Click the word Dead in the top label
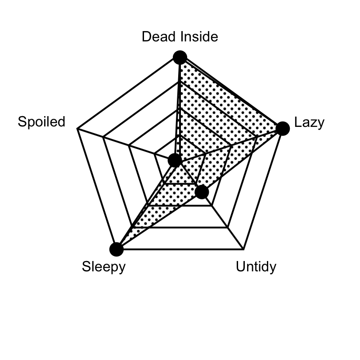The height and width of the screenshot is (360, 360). (x=160, y=36)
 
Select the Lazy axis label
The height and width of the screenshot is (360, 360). (x=309, y=122)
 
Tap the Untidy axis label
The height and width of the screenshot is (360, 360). (x=256, y=266)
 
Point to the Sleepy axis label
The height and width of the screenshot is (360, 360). (x=104, y=267)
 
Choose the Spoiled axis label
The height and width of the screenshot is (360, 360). (x=41, y=121)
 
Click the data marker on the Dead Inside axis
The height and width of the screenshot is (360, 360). (x=180, y=58)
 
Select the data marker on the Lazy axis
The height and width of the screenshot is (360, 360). (x=283, y=129)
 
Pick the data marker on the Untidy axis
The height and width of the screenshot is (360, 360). (x=202, y=192)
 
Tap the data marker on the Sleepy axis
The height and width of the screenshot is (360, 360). (x=117, y=249)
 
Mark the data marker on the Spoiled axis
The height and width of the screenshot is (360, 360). (x=175, y=160)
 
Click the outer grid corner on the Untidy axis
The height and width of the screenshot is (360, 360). (x=243, y=249)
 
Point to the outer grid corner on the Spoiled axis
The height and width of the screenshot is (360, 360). (x=77, y=129)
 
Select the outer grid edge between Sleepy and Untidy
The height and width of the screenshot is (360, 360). (x=180, y=249)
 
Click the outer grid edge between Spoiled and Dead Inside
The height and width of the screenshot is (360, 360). (x=129, y=93)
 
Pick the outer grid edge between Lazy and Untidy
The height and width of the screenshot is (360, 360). (x=263, y=189)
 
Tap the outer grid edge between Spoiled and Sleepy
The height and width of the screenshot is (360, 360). (x=97, y=189)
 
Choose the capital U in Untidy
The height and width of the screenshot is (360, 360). (x=240, y=266)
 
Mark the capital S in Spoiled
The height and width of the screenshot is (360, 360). (x=22, y=121)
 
